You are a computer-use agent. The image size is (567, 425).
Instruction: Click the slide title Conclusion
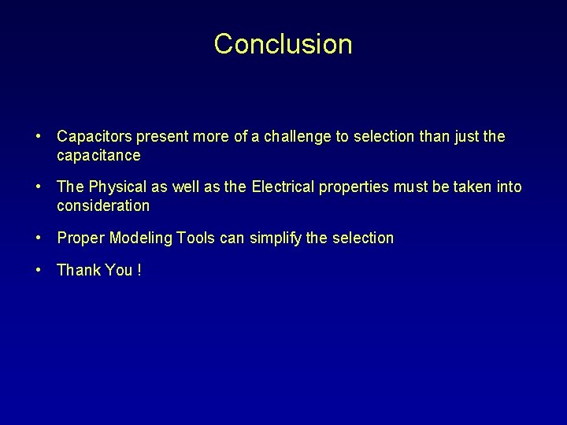(x=283, y=44)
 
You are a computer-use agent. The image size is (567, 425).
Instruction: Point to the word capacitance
(x=98, y=156)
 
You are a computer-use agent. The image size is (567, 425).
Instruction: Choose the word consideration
(x=103, y=206)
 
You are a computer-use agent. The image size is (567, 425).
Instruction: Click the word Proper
(x=81, y=238)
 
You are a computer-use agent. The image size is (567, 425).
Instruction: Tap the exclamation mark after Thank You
(x=139, y=271)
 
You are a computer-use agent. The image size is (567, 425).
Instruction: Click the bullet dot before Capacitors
(x=38, y=137)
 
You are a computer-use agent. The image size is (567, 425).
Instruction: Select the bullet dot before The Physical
(x=38, y=187)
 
